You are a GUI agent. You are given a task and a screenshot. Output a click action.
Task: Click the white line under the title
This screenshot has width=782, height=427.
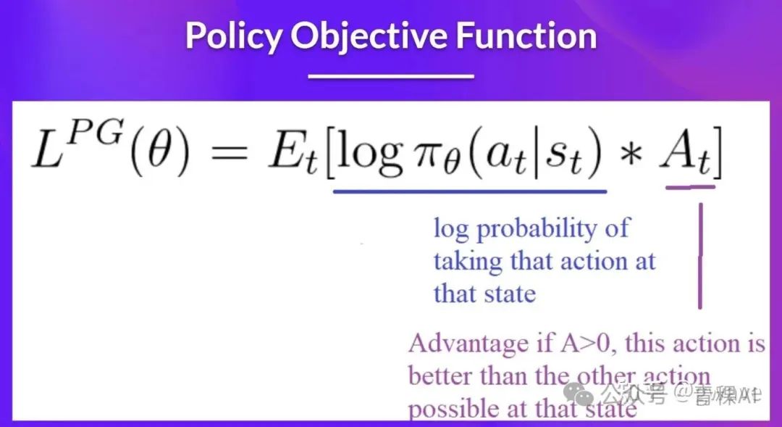[390, 75]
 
